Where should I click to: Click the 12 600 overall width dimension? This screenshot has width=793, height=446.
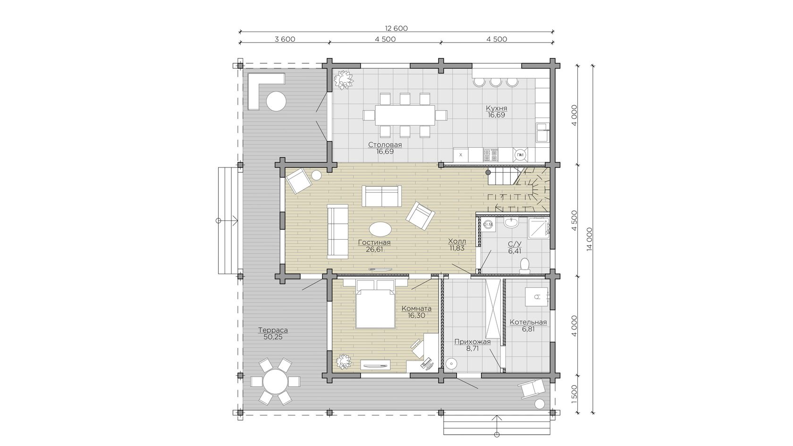(x=396, y=28)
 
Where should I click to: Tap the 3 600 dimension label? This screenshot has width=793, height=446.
(x=285, y=39)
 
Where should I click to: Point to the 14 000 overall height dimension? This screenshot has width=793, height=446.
(x=590, y=239)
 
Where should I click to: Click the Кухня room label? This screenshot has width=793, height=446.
(x=497, y=108)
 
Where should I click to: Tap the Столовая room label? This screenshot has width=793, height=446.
(x=385, y=145)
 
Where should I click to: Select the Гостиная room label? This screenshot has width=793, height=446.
(x=374, y=243)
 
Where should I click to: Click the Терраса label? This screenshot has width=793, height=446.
(x=273, y=330)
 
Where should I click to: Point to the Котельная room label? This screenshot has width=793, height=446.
(x=528, y=322)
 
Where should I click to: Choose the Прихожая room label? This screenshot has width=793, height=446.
(x=472, y=342)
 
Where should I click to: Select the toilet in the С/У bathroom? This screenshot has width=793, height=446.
(x=524, y=266)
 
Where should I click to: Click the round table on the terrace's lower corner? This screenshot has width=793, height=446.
(x=275, y=381)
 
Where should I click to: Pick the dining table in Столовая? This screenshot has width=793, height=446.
(x=405, y=115)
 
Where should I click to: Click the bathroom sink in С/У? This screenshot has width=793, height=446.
(x=511, y=222)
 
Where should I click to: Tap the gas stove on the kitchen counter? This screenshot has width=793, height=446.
(x=491, y=155)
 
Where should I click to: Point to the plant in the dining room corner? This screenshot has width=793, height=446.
(x=344, y=80)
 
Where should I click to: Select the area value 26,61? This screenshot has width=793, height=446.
(x=374, y=249)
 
